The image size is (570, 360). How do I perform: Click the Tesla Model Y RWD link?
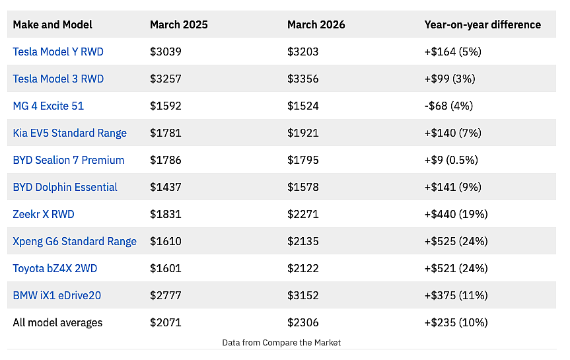[58, 52]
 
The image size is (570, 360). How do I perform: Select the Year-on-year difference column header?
[482, 24]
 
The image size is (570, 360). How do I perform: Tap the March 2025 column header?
[179, 24]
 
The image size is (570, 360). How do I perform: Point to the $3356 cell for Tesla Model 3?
[303, 79]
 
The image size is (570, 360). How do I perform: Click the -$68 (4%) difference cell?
[448, 106]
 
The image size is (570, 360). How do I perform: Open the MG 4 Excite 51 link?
[48, 106]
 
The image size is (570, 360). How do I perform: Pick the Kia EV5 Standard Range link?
[70, 133]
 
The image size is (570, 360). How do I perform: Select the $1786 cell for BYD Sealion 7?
[165, 160]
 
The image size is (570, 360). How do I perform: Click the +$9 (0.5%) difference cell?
[451, 160]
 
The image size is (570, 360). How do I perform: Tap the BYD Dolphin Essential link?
[65, 188]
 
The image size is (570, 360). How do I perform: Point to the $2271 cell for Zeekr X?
[303, 214]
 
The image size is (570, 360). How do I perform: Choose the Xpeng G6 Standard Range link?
[75, 242]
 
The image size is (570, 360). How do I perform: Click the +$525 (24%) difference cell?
[456, 242]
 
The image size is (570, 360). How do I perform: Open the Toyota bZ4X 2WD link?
[55, 268]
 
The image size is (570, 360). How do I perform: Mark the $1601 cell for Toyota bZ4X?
[165, 268]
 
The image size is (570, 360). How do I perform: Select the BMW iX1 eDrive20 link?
[57, 296]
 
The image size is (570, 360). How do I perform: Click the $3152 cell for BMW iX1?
[303, 296]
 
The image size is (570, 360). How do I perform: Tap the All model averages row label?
[57, 322]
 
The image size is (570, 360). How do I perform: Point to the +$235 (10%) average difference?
[456, 322]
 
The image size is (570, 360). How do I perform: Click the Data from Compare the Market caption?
[281, 343]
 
